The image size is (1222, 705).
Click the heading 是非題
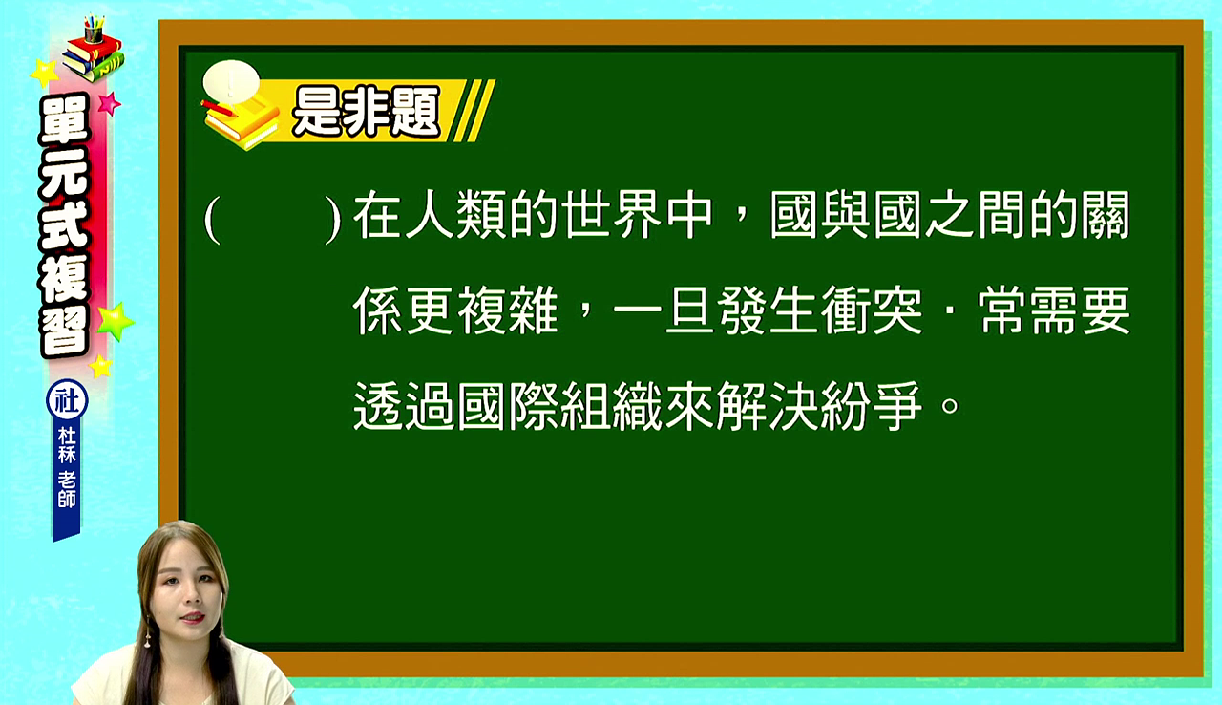(366, 112)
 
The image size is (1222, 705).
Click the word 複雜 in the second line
(508, 310)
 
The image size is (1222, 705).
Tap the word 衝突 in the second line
(873, 310)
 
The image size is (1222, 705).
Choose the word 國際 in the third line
(508, 407)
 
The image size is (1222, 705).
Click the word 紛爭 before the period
(873, 407)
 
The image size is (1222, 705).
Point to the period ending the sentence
(950, 405)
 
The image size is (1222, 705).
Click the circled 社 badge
(67, 400)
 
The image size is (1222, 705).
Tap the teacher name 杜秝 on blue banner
(67, 444)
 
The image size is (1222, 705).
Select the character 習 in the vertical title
(64, 331)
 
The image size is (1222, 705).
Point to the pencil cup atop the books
(94, 31)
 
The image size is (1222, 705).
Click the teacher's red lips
(192, 617)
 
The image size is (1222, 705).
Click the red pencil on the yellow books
(220, 108)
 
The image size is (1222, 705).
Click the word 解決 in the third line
(769, 407)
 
